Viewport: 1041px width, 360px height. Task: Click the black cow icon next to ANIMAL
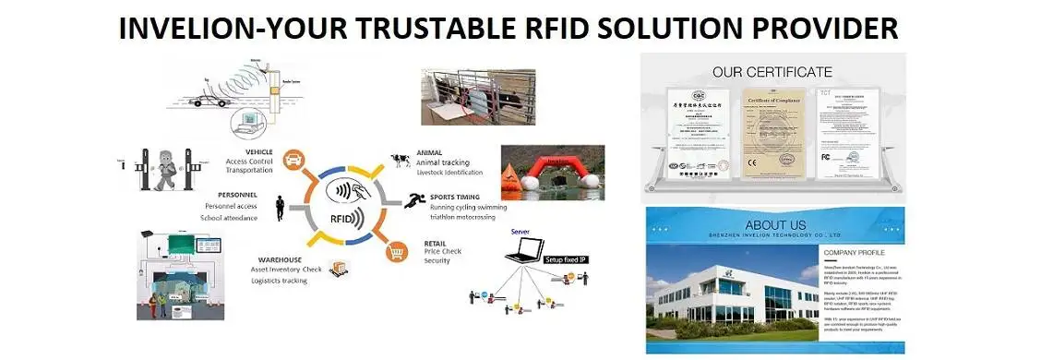(400, 160)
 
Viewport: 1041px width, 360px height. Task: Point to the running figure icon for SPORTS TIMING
(413, 199)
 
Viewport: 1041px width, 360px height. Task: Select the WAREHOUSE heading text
(280, 258)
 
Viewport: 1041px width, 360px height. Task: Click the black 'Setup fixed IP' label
(566, 259)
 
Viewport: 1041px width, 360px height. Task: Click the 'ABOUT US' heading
(775, 225)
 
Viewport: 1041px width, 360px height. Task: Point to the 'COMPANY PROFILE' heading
(854, 252)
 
